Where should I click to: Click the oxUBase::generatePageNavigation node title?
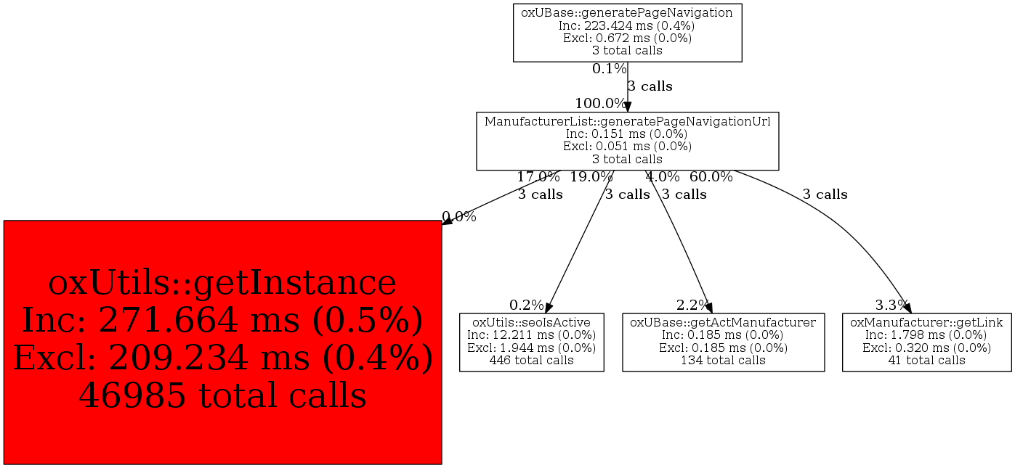point(627,12)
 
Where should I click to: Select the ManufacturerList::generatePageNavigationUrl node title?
point(627,121)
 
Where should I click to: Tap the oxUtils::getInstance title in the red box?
point(222,283)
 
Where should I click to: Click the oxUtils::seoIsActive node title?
point(531,321)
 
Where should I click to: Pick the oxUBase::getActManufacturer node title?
point(723,321)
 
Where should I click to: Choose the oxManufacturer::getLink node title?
point(926,321)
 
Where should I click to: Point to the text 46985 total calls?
point(222,396)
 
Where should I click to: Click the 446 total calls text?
point(531,360)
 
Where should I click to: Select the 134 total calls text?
point(723,360)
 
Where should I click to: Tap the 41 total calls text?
point(926,360)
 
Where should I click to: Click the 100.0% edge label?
point(600,103)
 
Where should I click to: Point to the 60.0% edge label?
point(711,176)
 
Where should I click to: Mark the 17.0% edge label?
point(538,176)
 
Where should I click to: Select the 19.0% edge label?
point(591,176)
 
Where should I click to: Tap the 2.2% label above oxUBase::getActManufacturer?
point(692,305)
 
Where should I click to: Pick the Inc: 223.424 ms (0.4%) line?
point(627,25)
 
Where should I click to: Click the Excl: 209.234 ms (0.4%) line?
point(222,358)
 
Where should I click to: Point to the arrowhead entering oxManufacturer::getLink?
point(907,308)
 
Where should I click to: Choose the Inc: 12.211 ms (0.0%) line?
point(531,334)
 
